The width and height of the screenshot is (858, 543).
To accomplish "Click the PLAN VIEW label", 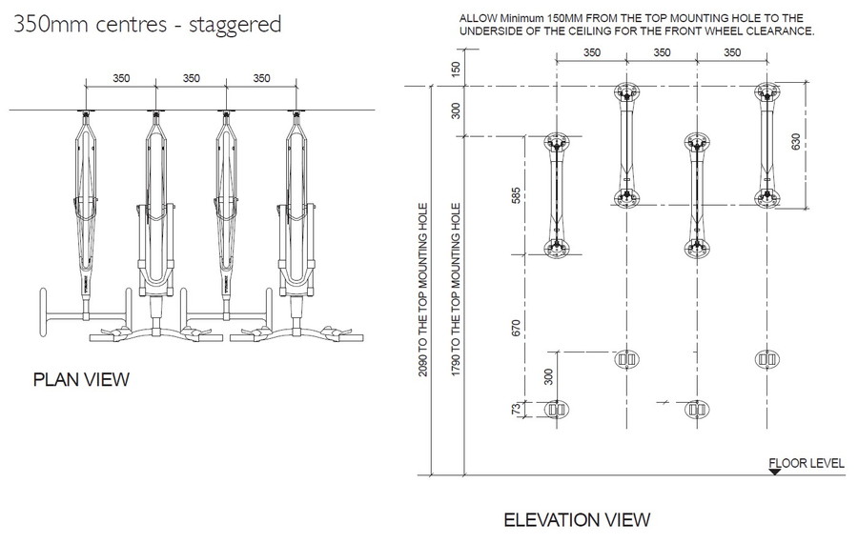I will [81, 380].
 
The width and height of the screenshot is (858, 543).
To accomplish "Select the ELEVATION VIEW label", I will [576, 519].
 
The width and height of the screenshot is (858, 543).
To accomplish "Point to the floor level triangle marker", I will [774, 471].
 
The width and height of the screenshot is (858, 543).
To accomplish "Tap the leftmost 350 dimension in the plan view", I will [120, 78].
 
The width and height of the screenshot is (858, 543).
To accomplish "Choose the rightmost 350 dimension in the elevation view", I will [731, 53].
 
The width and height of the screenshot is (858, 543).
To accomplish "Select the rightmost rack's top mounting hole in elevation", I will [766, 92].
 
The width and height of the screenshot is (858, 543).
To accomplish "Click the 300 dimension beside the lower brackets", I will [548, 375].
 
